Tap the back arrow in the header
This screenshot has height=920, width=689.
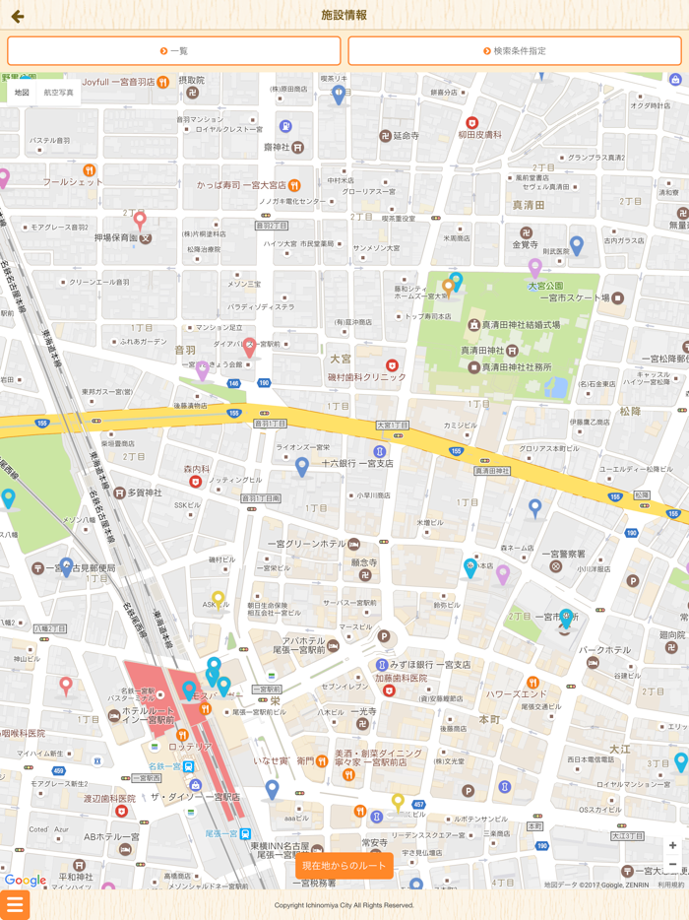click(17, 16)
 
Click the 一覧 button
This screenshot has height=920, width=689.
click(174, 51)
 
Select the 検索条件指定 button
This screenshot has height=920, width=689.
click(515, 51)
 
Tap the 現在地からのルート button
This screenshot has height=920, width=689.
click(344, 865)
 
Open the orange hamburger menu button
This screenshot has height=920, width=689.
click(14, 904)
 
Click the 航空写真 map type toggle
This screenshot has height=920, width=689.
click(58, 93)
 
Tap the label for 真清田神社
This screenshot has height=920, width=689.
click(489, 351)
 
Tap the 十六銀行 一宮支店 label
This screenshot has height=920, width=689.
click(356, 463)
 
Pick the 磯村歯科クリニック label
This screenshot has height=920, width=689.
click(366, 377)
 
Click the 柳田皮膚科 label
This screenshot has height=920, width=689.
click(479, 135)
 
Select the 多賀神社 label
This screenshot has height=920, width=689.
click(145, 493)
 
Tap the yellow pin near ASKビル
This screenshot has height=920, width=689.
click(219, 600)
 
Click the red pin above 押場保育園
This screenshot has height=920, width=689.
click(140, 220)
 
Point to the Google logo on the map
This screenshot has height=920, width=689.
click(26, 881)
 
